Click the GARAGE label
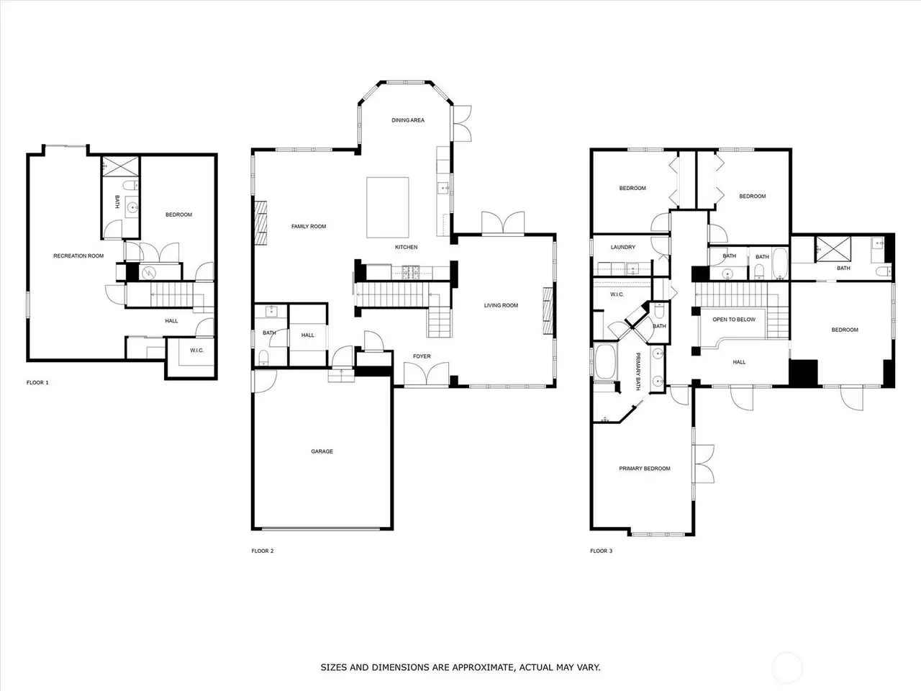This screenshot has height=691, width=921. point(322,451)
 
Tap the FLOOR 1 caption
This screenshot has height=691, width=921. point(37,383)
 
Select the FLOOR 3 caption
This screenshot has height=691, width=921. point(601,551)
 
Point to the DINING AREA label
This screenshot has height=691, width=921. point(408,120)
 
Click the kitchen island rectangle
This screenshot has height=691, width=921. point(388,208)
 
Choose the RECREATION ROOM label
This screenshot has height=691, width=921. point(78,256)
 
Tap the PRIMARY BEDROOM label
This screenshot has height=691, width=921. point(645,469)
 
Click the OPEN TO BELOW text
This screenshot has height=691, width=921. point(734,320)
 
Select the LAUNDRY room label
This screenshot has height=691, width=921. point(622,248)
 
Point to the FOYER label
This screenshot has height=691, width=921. point(422,356)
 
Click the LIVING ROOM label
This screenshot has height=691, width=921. point(501,305)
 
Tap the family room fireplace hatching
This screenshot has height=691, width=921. point(260,223)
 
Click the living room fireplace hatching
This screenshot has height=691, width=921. point(548,311)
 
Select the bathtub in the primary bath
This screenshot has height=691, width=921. point(604,361)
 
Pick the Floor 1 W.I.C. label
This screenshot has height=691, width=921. point(196,351)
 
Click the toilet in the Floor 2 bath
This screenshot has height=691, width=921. point(263,358)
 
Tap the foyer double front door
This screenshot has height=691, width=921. point(426,374)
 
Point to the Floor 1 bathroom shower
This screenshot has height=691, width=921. point(121,166)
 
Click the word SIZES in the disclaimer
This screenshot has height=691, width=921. point(334,667)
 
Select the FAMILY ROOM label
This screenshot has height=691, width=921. point(309,227)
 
